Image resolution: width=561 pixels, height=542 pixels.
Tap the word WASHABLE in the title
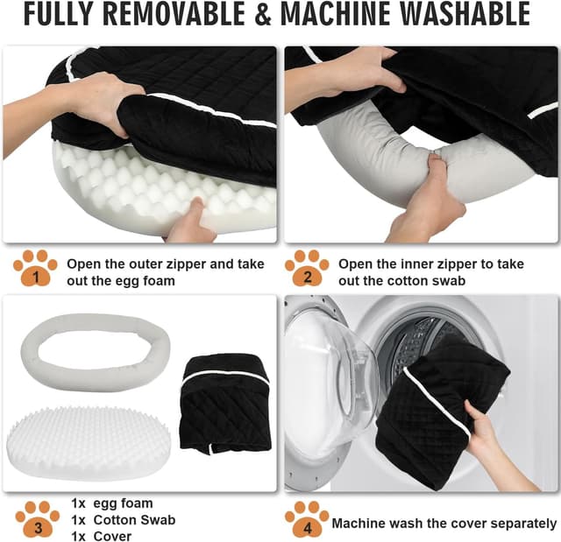click(x=463, y=15)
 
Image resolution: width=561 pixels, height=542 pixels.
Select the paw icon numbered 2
click(x=307, y=270)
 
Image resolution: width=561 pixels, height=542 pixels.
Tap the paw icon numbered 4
click(x=307, y=520)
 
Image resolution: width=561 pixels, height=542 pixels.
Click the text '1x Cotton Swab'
click(x=123, y=520)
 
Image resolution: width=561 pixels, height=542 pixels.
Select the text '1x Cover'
click(x=101, y=536)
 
